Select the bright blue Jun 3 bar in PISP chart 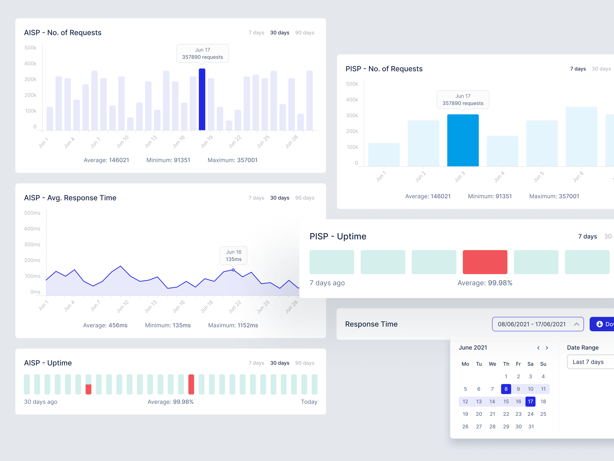(x=463, y=140)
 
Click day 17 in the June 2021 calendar (x=530, y=401)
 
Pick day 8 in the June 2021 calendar (x=506, y=389)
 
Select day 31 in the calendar (x=531, y=426)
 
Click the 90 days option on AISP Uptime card (x=304, y=363)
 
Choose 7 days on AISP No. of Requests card (x=256, y=33)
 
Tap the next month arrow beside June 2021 (x=547, y=348)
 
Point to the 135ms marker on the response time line (x=233, y=270)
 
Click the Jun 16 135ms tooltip (x=233, y=255)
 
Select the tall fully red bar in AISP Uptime (x=191, y=384)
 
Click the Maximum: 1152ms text (x=233, y=325)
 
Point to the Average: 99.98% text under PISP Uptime (x=485, y=283)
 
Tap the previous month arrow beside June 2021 (x=538, y=348)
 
